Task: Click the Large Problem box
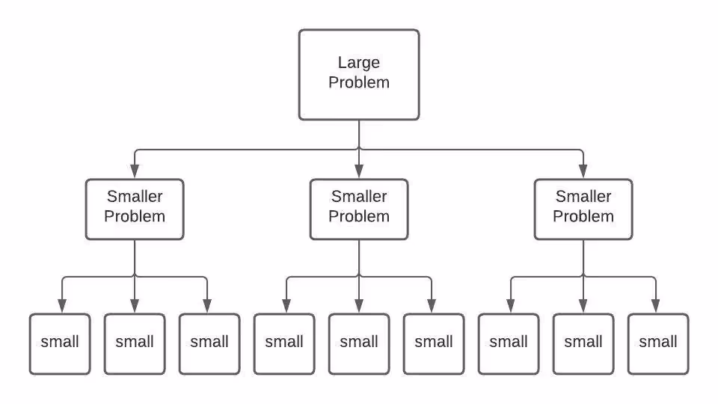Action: tap(359, 75)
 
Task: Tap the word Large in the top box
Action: tap(359, 63)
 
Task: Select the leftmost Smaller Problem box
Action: tap(135, 209)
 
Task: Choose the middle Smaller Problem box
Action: tap(359, 209)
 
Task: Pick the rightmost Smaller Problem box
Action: tap(583, 209)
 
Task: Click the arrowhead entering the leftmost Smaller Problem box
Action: tap(135, 172)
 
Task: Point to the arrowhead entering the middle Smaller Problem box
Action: tap(359, 172)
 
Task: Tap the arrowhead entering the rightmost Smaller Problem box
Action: tap(583, 172)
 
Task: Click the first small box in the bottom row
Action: tap(60, 343)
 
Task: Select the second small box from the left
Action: tap(135, 343)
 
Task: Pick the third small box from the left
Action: tap(209, 343)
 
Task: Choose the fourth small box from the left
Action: tap(284, 343)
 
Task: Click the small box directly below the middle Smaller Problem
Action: tap(359, 343)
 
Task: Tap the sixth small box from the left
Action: tap(434, 343)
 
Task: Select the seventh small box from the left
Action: tap(509, 343)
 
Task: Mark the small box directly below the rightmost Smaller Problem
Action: tap(583, 343)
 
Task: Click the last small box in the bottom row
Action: tap(658, 343)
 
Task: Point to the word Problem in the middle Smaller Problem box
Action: tap(359, 217)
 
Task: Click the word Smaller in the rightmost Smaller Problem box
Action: tap(583, 198)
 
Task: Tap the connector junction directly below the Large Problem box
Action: tap(359, 150)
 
